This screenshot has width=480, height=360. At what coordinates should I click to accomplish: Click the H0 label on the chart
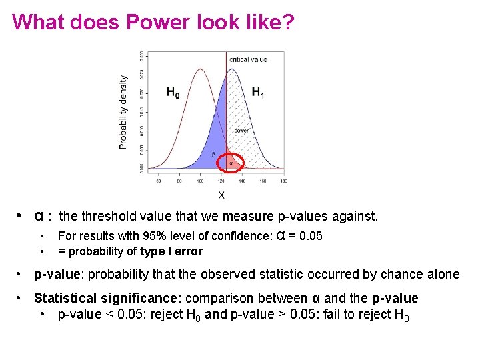coord(173,93)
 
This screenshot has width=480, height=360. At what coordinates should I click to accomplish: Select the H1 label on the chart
coord(257,93)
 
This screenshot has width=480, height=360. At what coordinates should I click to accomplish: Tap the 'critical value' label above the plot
coord(248,59)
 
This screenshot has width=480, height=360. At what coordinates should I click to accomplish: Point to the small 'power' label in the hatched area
coord(241,131)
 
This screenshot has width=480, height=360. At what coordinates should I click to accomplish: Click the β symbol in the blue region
coord(213,154)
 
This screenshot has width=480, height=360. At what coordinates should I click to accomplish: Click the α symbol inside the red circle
coord(231,162)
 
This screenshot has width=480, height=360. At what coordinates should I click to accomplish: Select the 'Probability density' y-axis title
coord(123,111)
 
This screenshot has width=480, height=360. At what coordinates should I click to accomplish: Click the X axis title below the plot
coord(221,195)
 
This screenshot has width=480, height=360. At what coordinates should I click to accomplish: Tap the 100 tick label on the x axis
coord(200,181)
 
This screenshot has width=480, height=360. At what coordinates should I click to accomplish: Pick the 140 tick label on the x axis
coord(242,181)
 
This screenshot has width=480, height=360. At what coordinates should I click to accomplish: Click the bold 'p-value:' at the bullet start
coord(59,275)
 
